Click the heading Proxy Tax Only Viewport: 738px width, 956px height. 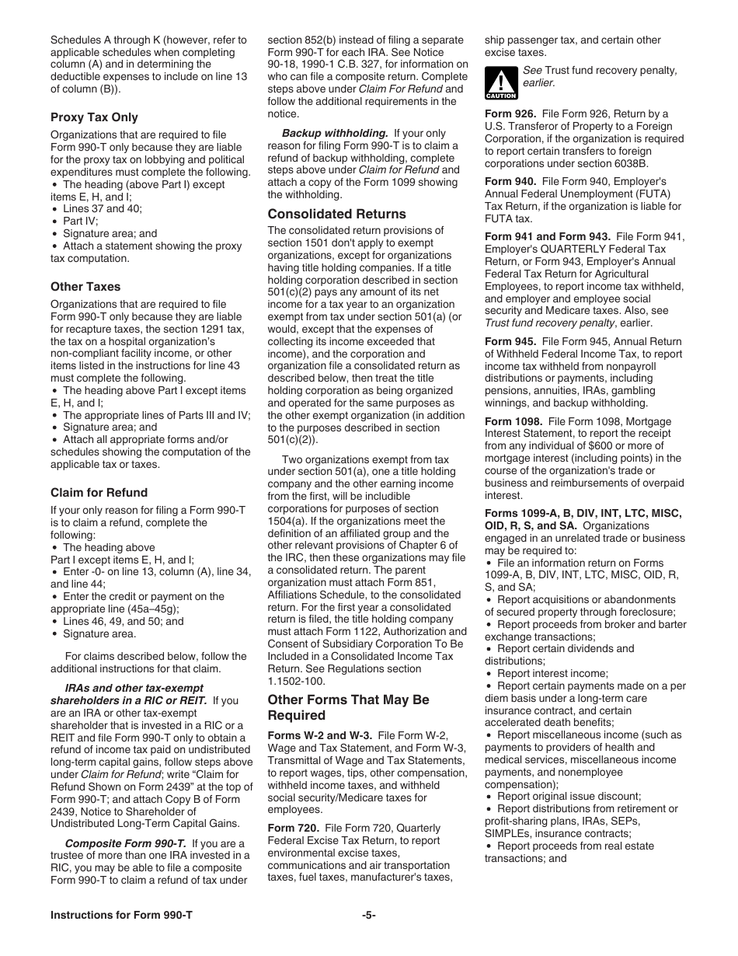click(94, 117)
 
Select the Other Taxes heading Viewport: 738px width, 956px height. click(85, 287)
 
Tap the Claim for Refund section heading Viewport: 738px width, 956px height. click(99, 493)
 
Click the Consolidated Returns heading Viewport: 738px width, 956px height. click(336, 214)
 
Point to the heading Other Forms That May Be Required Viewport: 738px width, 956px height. click(348, 707)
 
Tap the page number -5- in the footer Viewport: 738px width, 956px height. click(368, 916)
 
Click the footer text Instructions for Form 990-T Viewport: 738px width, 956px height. click(121, 916)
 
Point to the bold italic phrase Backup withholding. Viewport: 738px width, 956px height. click(335, 134)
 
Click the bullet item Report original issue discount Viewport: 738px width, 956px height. click(569, 797)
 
